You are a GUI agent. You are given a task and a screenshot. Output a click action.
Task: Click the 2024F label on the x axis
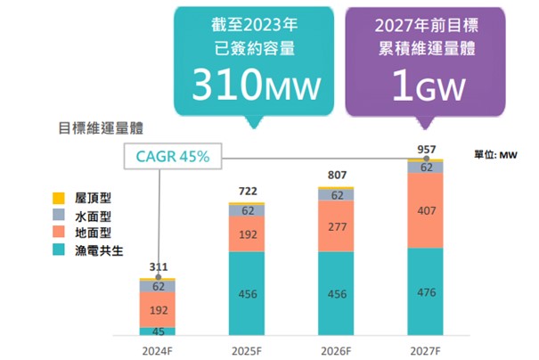[x=157, y=348]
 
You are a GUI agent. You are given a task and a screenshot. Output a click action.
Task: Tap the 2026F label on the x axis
[x=336, y=348]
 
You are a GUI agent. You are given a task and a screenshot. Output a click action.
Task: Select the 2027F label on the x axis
[x=425, y=348]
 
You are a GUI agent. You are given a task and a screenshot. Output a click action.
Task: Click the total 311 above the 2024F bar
[x=157, y=267]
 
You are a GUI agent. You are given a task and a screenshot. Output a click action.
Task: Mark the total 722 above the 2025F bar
[x=247, y=192]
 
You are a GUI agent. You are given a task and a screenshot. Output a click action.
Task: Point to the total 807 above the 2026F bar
[x=336, y=176]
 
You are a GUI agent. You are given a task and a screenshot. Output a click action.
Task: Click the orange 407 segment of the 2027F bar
[x=425, y=210]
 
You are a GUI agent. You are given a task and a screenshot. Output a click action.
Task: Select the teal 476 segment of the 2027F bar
[x=425, y=292]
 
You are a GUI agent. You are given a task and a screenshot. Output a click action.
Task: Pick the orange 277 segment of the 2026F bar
[x=336, y=226]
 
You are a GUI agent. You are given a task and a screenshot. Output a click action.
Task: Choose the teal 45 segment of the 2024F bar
[x=157, y=331]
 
